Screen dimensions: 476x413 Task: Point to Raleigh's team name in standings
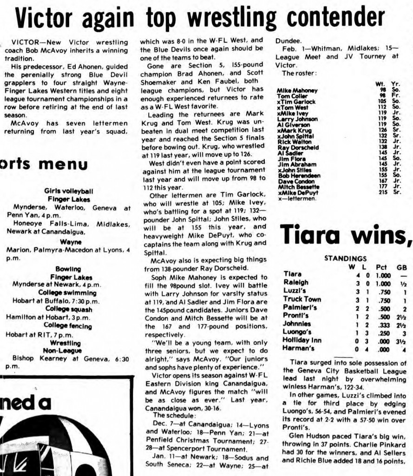[296, 282]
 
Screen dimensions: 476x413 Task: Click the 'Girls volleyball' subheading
[68, 191]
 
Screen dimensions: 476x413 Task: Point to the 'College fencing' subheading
[68, 326]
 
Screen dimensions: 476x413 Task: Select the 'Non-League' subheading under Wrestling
[68, 350]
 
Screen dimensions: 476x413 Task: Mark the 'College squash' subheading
[68, 310]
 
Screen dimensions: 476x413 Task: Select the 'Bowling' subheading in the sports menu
[68, 269]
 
